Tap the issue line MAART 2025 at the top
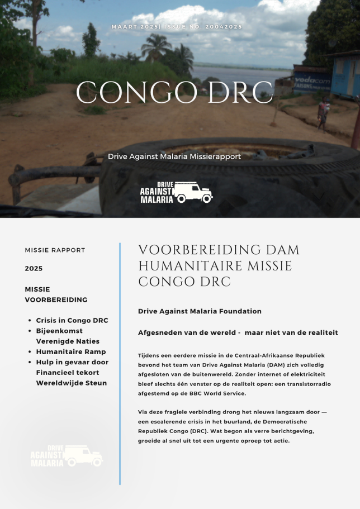134,27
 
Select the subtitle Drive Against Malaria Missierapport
174,156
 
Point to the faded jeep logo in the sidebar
67,456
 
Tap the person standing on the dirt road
323,111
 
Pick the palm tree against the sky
156,47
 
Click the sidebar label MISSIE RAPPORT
55,250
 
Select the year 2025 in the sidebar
34,269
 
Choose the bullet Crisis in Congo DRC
72,321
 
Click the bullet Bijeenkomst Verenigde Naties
68,336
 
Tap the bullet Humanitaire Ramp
71,352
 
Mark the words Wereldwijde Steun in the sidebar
72,383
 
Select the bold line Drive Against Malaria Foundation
200,311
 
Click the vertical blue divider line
120,363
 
